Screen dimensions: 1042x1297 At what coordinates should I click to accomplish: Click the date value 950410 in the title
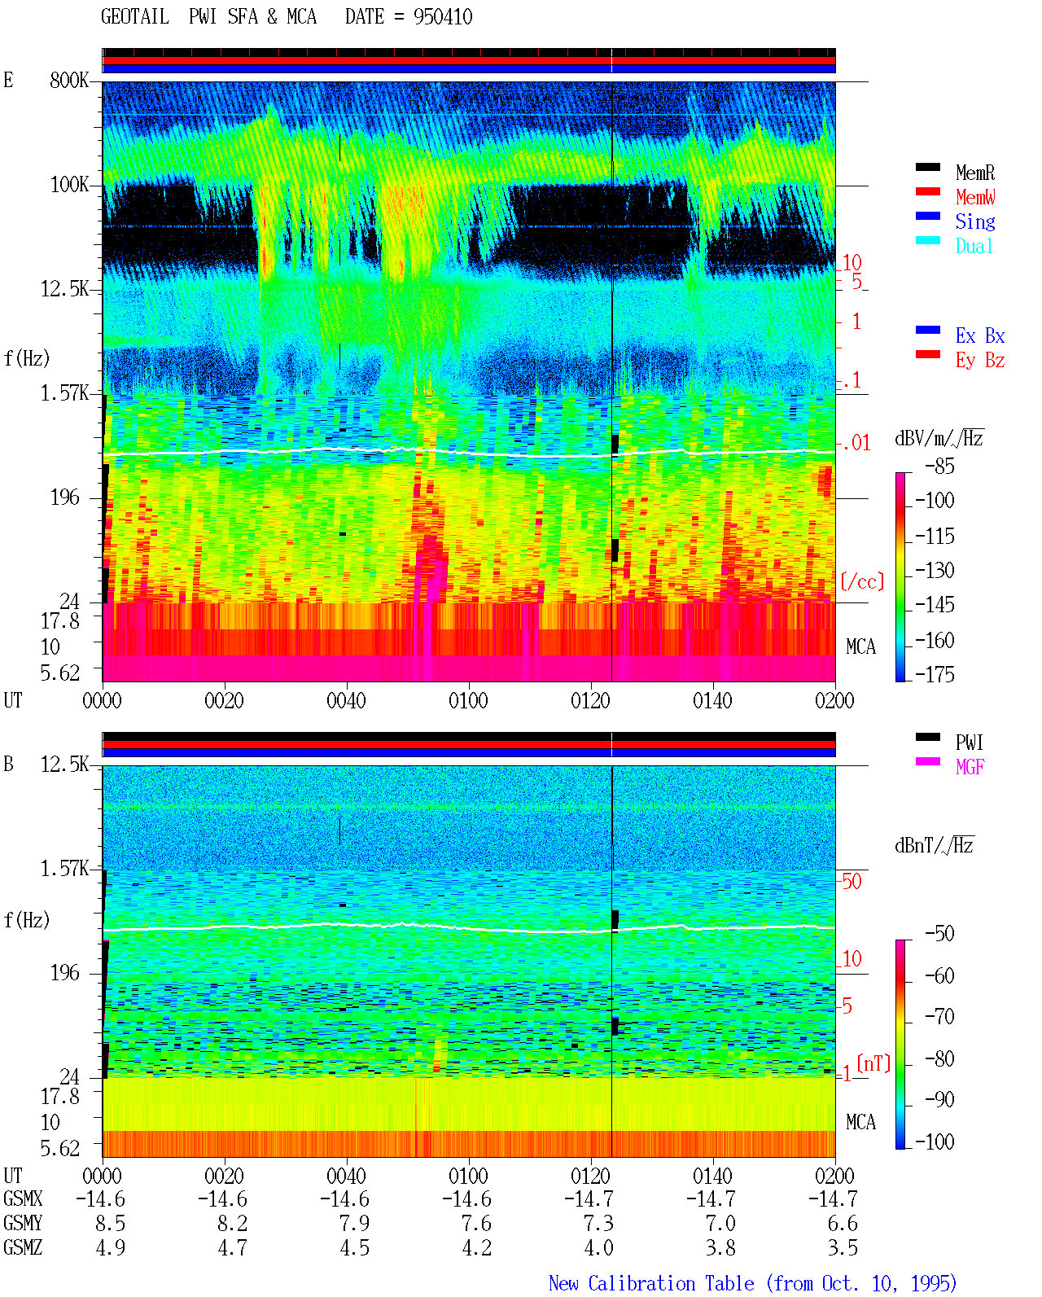coord(442,17)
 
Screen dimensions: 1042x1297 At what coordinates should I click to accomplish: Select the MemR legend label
coord(974,173)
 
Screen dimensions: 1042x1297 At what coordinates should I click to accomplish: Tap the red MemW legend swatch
coord(927,191)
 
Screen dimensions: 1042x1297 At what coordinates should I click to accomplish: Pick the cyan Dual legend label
coord(974,246)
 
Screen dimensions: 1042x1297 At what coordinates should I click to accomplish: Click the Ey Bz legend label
coord(979,360)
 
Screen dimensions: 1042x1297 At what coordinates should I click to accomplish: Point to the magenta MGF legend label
coord(970,767)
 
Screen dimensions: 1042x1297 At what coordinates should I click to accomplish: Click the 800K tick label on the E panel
coord(69,80)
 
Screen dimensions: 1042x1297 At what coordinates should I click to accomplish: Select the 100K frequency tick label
coord(69,185)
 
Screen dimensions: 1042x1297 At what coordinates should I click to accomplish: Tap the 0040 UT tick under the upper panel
coord(346,700)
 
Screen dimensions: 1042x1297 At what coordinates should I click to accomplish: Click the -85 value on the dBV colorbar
coord(939,466)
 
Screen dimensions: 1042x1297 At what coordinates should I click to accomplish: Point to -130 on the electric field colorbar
coord(935,570)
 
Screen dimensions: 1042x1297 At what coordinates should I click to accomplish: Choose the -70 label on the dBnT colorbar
coord(939,1017)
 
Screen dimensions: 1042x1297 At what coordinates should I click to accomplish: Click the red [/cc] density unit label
coord(862,581)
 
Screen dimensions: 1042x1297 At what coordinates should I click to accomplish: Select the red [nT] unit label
coord(873,1063)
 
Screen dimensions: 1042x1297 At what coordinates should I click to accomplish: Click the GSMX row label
coord(23,1198)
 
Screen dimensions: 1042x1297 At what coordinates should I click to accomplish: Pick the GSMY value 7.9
coord(354,1223)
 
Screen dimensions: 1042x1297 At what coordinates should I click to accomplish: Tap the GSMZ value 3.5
coord(843,1247)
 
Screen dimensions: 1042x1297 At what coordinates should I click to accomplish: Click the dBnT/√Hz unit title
coord(934,845)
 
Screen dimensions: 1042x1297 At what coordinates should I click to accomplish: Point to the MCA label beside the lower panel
coord(860,1122)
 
